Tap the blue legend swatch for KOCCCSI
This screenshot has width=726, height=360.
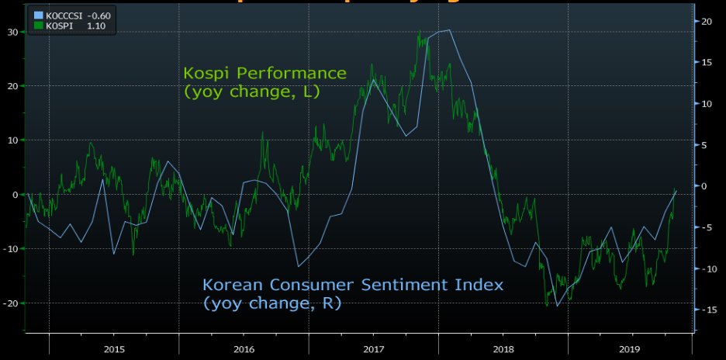point(39,15)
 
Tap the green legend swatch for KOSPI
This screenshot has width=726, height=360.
point(39,26)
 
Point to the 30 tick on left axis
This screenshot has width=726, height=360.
point(12,32)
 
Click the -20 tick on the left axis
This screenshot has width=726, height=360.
point(11,303)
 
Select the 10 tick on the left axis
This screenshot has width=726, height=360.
point(12,140)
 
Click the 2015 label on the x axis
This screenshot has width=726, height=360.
point(114,348)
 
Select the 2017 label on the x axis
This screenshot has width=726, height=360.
point(374,348)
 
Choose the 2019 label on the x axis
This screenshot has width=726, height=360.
point(633,348)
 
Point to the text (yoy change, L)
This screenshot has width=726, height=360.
point(252,92)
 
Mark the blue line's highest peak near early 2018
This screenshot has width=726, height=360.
point(449,30)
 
